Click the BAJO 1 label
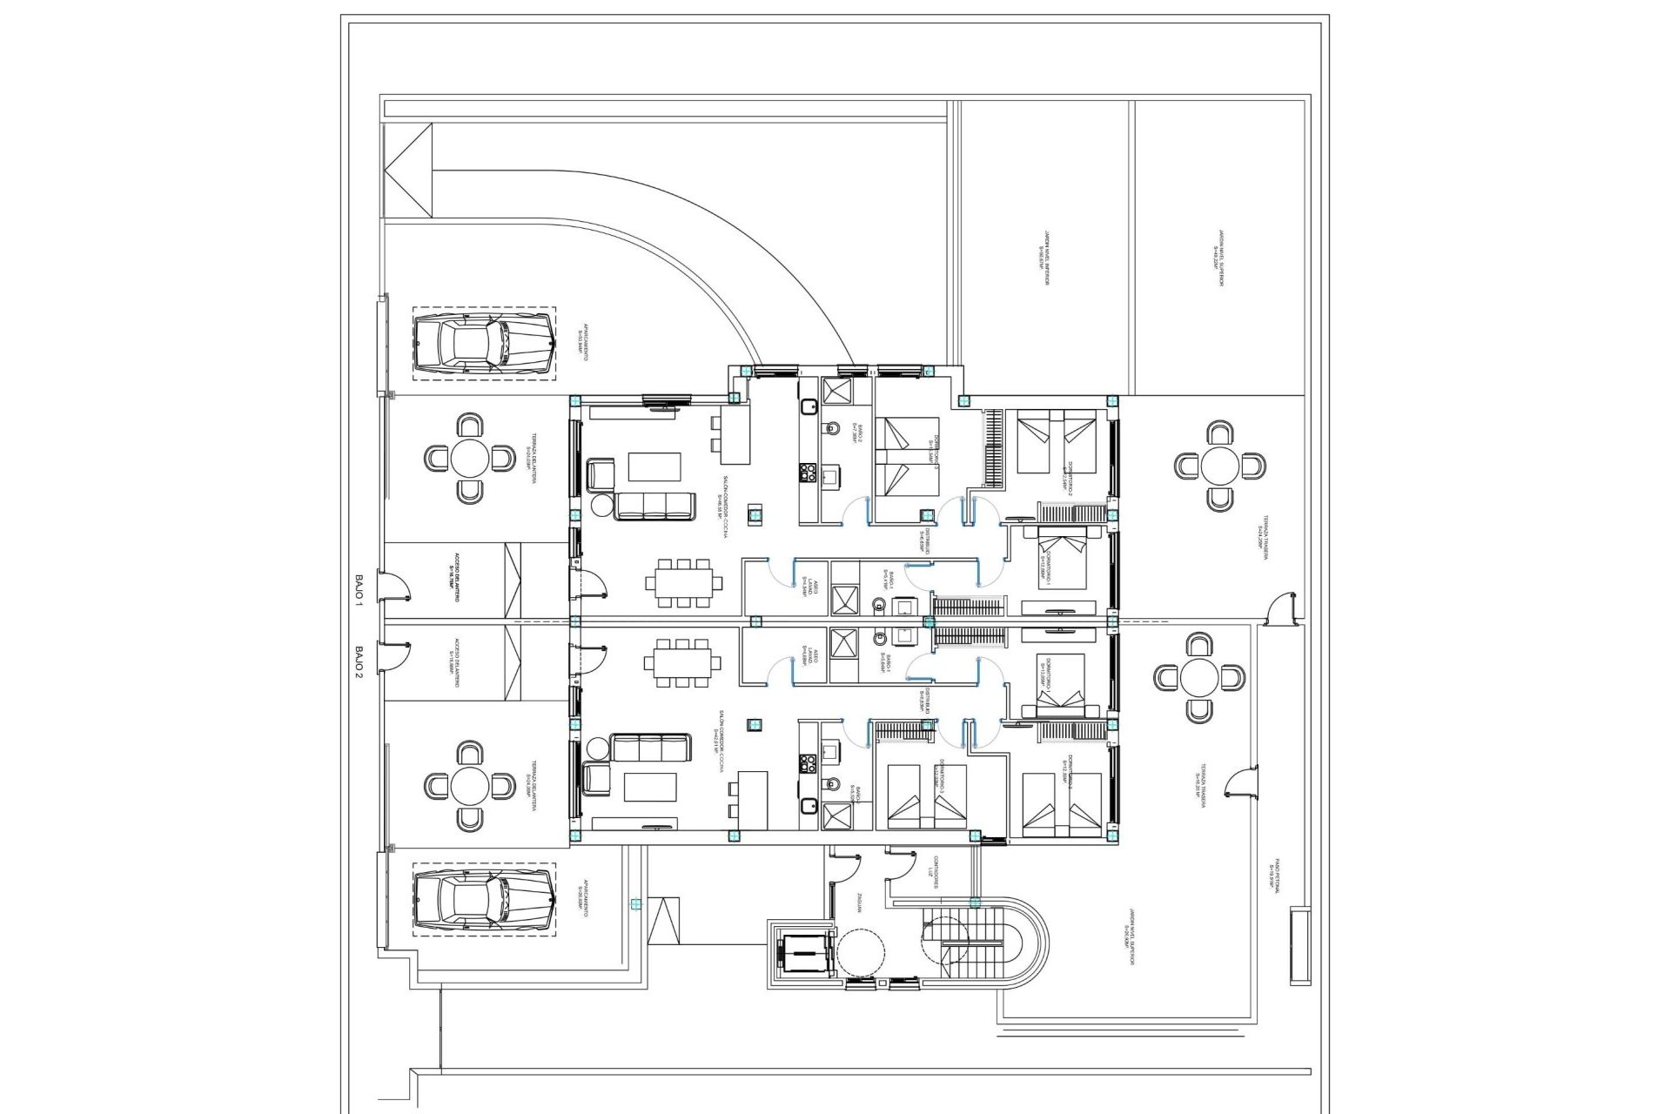click(359, 587)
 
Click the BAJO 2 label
click(359, 661)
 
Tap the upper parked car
click(483, 342)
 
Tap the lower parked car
click(483, 900)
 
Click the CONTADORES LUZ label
click(933, 870)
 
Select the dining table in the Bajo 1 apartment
click(683, 583)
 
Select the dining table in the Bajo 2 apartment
click(683, 663)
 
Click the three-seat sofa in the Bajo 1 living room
click(654, 507)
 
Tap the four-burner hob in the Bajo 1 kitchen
click(807, 474)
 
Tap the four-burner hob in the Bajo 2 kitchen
click(807, 764)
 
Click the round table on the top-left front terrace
click(470, 457)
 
